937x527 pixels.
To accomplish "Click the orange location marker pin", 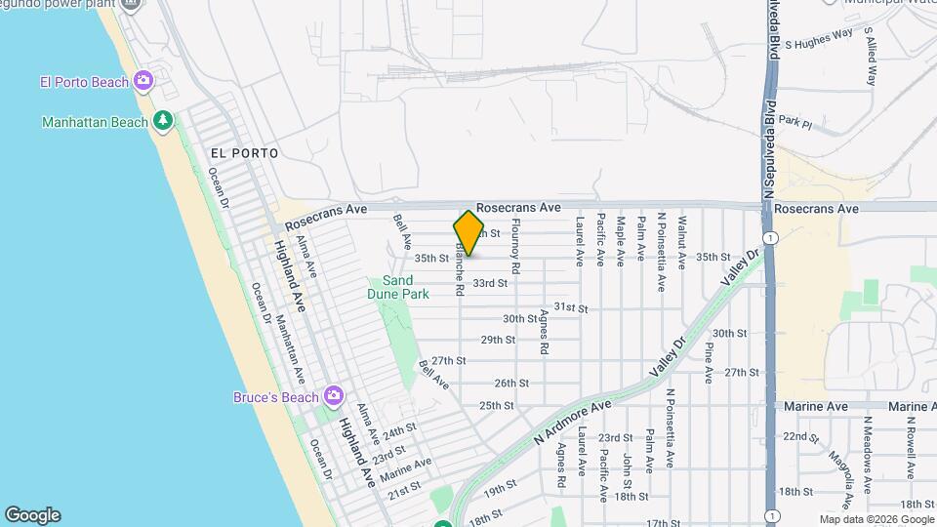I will pos(468,233).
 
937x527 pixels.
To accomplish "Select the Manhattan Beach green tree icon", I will pos(164,122).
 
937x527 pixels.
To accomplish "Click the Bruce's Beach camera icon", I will pos(334,396).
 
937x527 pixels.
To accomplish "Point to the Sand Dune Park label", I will pos(397,286).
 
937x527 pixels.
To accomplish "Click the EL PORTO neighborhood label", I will pos(244,153).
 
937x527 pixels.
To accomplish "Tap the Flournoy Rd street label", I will pos(516,246).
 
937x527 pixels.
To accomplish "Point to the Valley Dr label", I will pos(739,269).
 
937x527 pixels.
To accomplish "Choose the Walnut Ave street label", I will pos(682,242).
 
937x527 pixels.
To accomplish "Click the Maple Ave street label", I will pos(620,242).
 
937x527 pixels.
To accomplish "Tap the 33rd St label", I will pos(490,283).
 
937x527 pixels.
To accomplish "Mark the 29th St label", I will pos(498,340).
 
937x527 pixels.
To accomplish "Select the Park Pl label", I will pos(795,123).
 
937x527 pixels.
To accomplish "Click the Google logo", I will pos(32,515).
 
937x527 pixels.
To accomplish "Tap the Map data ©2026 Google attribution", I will pos(876,519).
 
